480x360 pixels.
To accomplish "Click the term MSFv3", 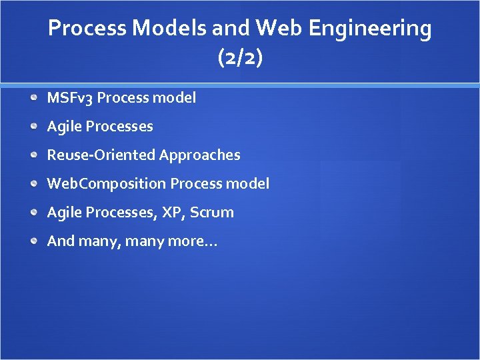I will click(x=70, y=98).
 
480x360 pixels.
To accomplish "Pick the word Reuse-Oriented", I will click(x=101, y=155).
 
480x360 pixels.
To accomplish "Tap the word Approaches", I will click(x=199, y=155).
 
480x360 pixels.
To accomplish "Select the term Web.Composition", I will click(x=106, y=184).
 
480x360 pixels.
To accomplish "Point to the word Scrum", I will click(x=212, y=213).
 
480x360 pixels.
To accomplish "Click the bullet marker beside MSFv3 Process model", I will click(x=34, y=98).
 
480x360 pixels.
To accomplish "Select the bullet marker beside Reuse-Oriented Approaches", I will click(x=34, y=155).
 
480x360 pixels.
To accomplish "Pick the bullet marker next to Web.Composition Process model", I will click(x=34, y=183).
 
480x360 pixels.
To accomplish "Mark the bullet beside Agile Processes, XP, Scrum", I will click(x=34, y=212).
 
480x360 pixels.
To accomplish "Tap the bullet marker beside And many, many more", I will click(x=34, y=241).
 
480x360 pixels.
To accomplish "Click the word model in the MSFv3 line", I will click(x=174, y=98).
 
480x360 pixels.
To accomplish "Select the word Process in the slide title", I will click(x=87, y=29).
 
